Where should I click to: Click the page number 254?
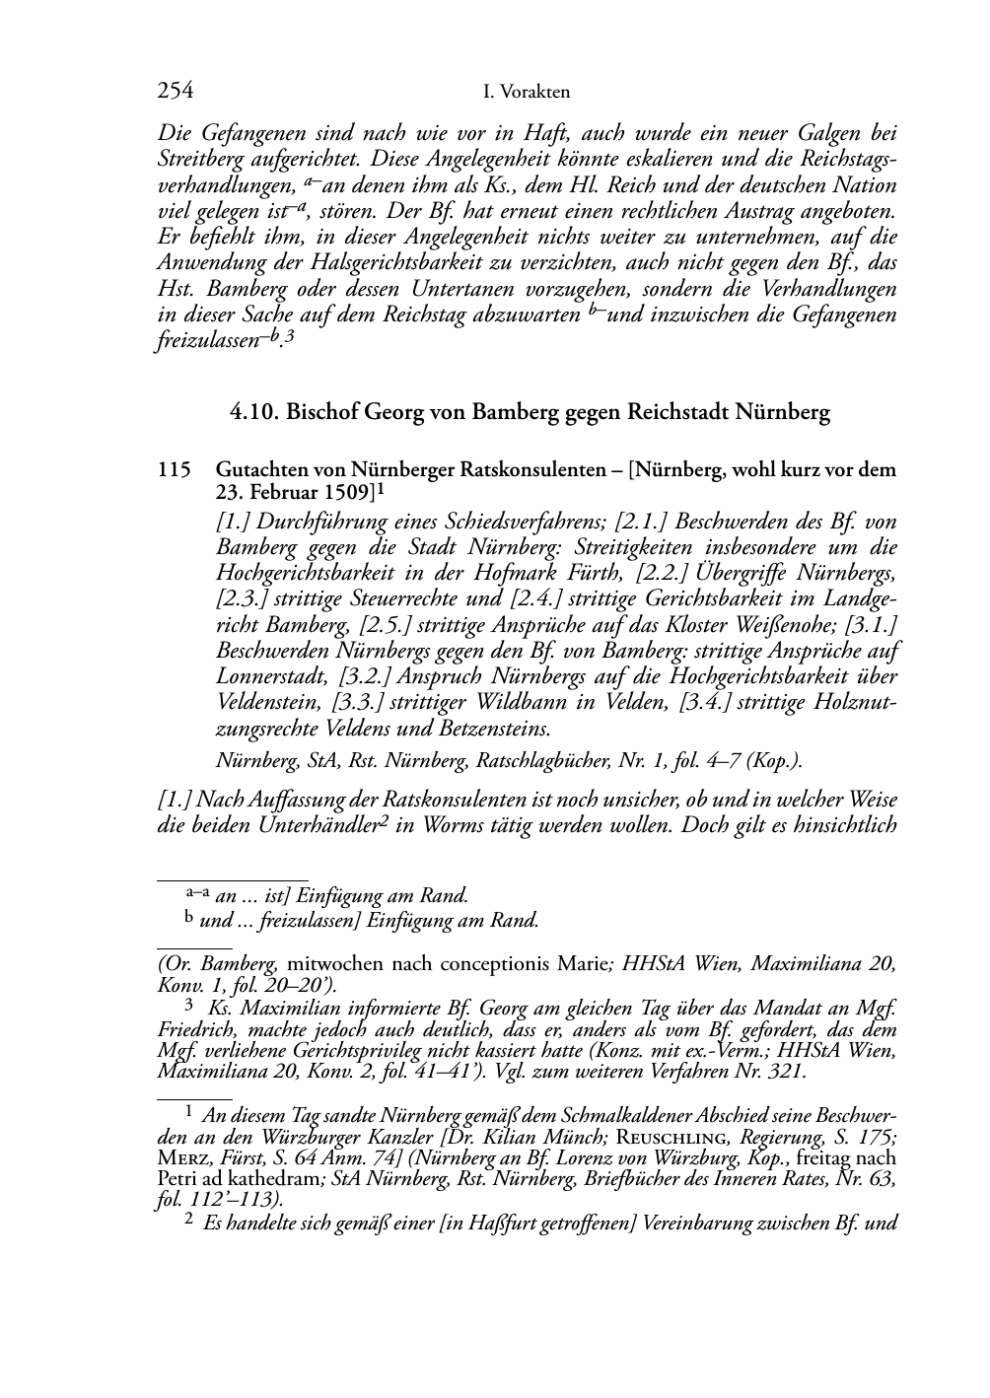click(x=175, y=92)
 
